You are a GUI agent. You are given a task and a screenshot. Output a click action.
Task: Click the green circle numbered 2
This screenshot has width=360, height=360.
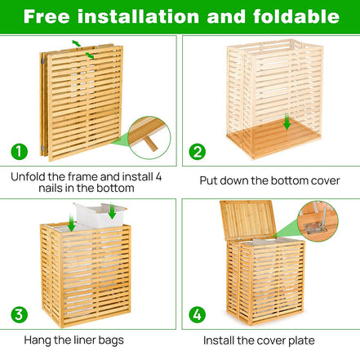pyautogui.click(x=197, y=152)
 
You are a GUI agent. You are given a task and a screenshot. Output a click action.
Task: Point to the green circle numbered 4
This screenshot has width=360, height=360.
pyautogui.click(x=197, y=314)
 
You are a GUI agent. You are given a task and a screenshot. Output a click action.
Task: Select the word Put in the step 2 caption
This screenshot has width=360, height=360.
pyautogui.click(x=211, y=180)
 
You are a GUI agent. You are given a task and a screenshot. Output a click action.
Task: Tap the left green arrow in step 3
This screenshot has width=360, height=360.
pyautogui.click(x=72, y=223)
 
